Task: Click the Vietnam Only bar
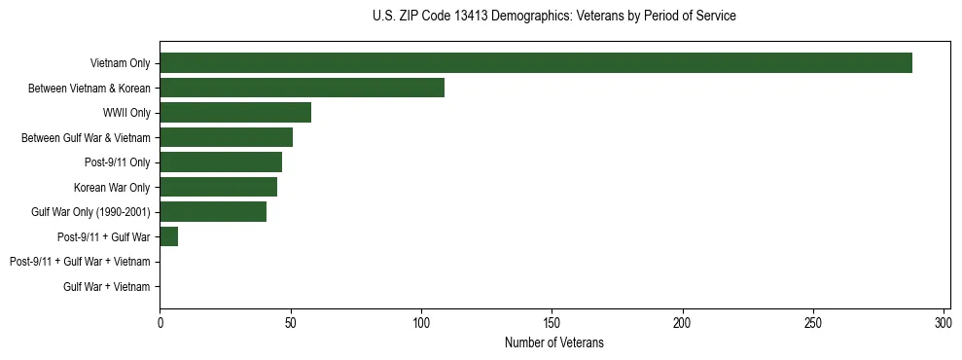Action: point(536,63)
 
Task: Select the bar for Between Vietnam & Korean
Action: point(302,88)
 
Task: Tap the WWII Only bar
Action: point(235,113)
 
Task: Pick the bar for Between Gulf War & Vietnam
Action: point(226,137)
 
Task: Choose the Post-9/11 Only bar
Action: point(221,162)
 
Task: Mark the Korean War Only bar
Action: point(218,187)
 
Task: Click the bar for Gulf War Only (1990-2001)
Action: point(213,211)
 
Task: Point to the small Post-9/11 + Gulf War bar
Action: point(169,236)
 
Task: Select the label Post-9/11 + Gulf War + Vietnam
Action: point(80,262)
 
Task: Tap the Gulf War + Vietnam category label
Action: point(107,286)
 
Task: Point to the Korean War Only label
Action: point(112,187)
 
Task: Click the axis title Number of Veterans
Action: point(554,342)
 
